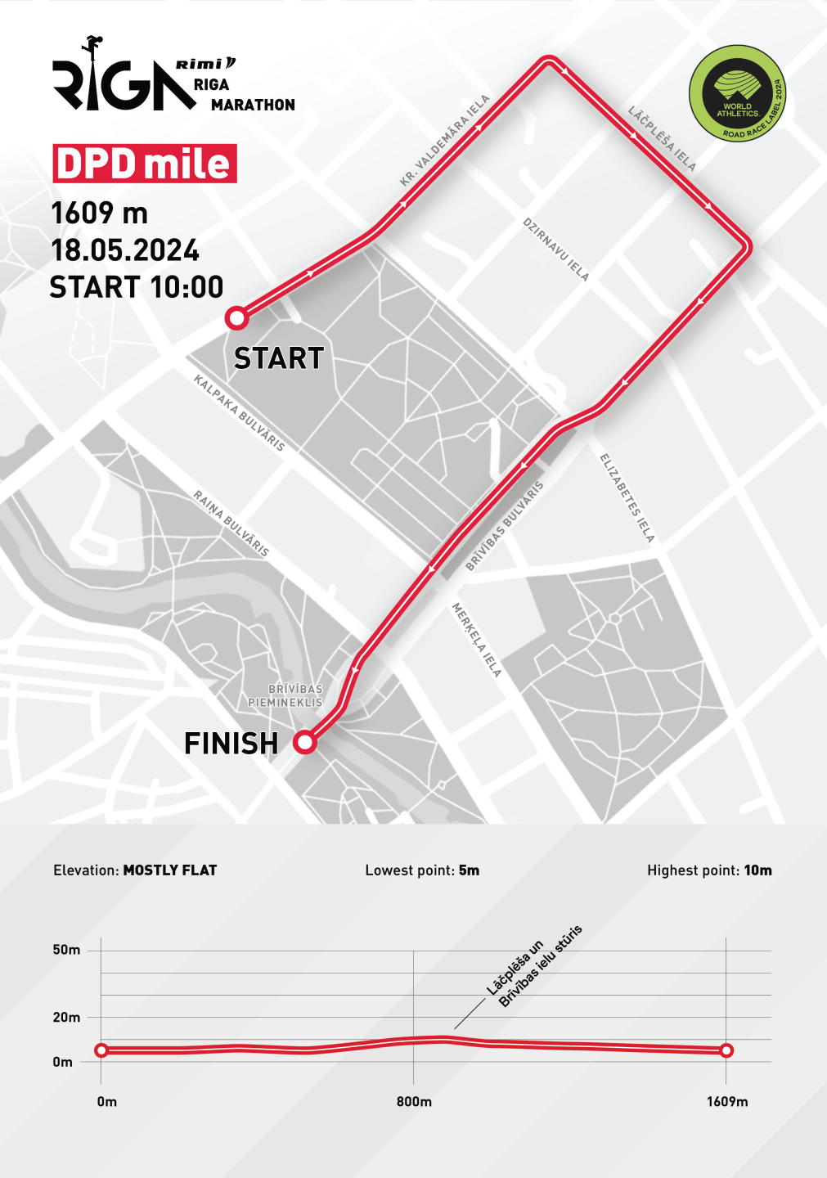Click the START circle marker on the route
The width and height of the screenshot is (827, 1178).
click(x=236, y=317)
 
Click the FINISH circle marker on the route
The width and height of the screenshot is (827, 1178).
click(x=305, y=742)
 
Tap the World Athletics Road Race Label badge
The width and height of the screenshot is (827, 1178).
click(x=737, y=92)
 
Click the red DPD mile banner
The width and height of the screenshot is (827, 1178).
click(x=145, y=164)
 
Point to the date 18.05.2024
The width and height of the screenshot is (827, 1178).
click(x=125, y=250)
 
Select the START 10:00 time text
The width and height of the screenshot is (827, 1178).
click(x=137, y=287)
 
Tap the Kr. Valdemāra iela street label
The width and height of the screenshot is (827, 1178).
click(x=445, y=141)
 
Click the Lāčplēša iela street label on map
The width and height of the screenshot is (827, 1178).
click(x=663, y=138)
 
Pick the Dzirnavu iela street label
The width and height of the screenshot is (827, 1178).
click(x=556, y=250)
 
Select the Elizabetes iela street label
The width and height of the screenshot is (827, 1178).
click(x=627, y=498)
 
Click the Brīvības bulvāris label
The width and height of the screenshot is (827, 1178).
click(x=505, y=526)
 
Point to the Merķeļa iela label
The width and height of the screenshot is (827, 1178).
click(x=477, y=640)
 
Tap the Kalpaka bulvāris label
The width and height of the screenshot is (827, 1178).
click(x=239, y=413)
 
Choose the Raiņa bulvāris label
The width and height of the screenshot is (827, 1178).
click(x=231, y=524)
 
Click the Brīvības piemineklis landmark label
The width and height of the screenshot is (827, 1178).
click(x=285, y=695)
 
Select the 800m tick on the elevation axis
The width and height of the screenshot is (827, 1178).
click(x=414, y=1101)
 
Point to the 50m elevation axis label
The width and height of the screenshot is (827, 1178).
click(x=67, y=950)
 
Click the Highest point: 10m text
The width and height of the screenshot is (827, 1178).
click(x=709, y=870)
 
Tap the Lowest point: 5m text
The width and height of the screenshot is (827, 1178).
click(x=422, y=870)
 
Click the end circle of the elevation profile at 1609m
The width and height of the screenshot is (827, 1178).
click(x=726, y=1050)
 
